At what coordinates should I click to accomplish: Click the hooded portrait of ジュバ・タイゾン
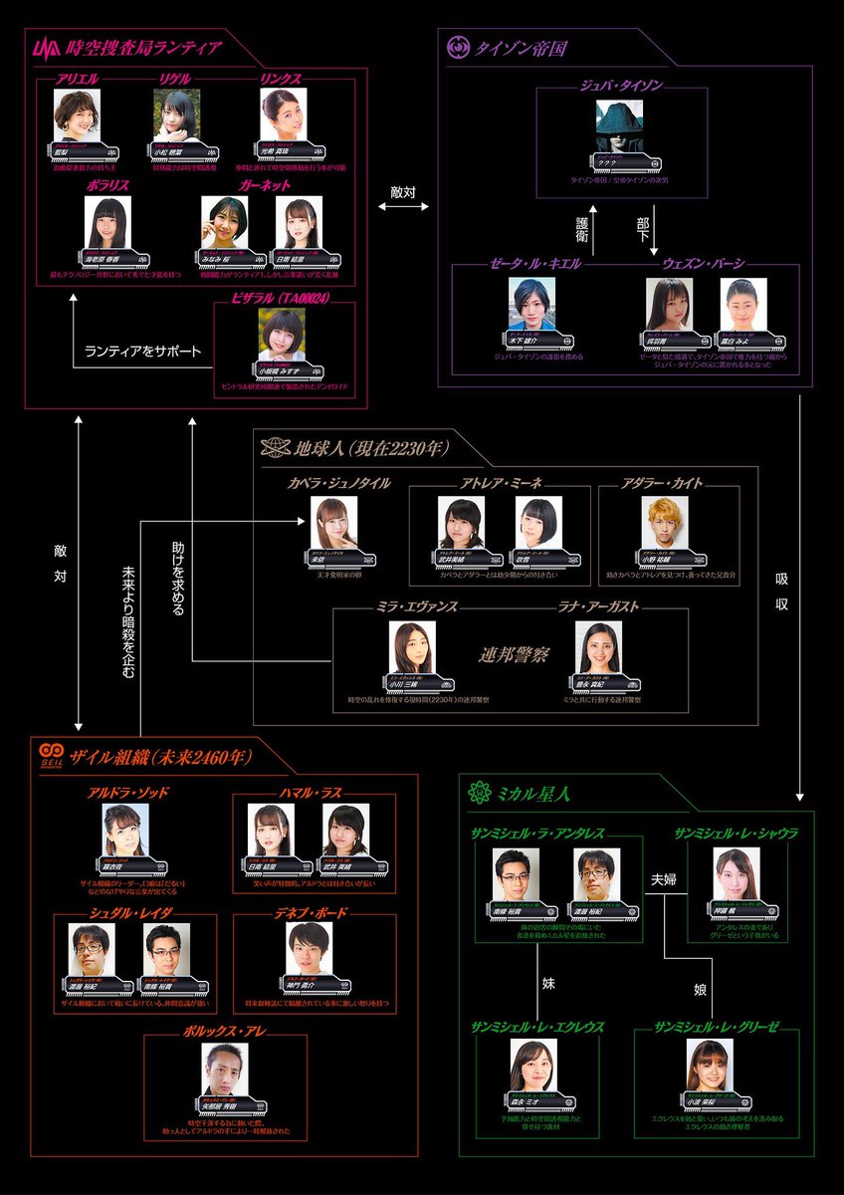(x=621, y=127)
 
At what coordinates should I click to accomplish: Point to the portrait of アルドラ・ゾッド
(x=125, y=831)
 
